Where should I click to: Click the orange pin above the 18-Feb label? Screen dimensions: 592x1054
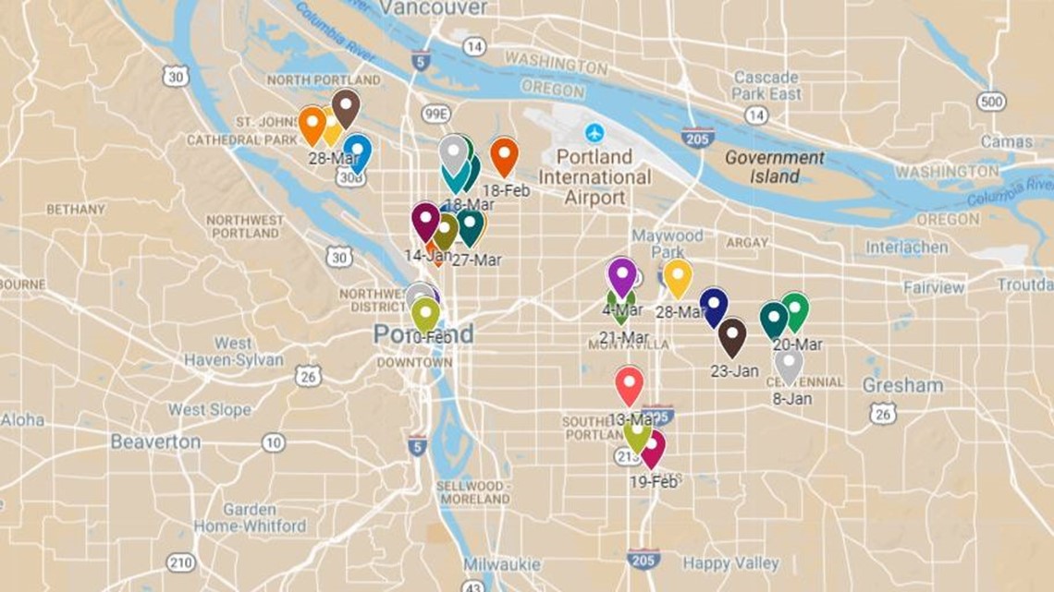tap(504, 154)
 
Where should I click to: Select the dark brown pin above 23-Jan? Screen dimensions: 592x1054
tap(732, 335)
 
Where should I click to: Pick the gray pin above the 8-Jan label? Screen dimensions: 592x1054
tap(789, 364)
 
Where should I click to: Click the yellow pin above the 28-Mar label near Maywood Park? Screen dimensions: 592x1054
tap(678, 276)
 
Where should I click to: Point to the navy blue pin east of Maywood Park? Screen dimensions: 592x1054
tap(714, 305)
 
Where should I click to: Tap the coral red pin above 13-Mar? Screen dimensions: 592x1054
tap(630, 383)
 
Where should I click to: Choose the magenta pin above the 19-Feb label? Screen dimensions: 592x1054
tap(653, 448)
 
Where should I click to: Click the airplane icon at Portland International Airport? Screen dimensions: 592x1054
tap(594, 132)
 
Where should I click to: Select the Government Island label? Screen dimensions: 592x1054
tap(774, 166)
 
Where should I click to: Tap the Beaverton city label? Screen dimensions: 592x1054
tap(155, 441)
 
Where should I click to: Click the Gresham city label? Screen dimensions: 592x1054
tap(902, 385)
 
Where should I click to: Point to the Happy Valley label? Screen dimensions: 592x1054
tap(730, 562)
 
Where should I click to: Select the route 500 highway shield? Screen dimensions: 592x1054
tap(991, 101)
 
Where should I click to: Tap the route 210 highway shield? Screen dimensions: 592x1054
tap(181, 562)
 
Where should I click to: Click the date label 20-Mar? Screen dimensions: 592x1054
tap(797, 344)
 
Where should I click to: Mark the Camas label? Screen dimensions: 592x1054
tap(1007, 142)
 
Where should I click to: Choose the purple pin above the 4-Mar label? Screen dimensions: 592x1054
tap(622, 275)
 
